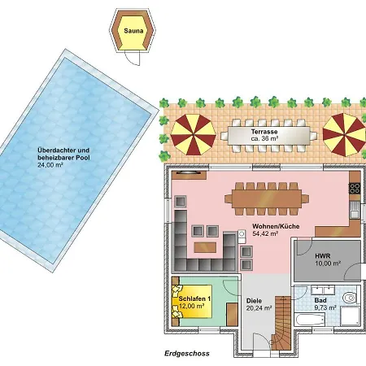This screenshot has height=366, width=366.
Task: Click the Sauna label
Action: (x=133, y=31)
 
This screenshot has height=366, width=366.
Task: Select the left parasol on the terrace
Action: (x=193, y=134)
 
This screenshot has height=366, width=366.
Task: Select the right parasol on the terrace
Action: (x=344, y=134)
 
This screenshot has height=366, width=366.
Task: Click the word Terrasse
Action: (x=264, y=132)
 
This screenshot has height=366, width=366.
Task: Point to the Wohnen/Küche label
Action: (x=276, y=226)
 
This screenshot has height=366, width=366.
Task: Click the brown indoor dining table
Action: (x=267, y=198)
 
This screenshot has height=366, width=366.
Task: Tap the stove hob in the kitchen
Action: (x=355, y=188)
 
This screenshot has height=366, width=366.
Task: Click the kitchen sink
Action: (x=355, y=210)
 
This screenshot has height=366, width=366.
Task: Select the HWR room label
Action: (x=323, y=255)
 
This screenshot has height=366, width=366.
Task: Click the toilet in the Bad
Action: (x=351, y=298)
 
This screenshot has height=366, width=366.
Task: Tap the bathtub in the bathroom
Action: (x=310, y=320)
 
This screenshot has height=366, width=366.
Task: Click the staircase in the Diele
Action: (x=281, y=323)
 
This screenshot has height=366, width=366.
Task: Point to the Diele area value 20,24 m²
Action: (x=259, y=308)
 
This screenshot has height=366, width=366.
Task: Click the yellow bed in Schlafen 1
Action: (x=192, y=301)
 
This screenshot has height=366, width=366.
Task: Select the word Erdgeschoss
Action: (x=187, y=354)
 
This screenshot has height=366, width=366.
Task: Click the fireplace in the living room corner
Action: (x=189, y=175)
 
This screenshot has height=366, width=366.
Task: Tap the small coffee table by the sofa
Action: (x=205, y=247)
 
